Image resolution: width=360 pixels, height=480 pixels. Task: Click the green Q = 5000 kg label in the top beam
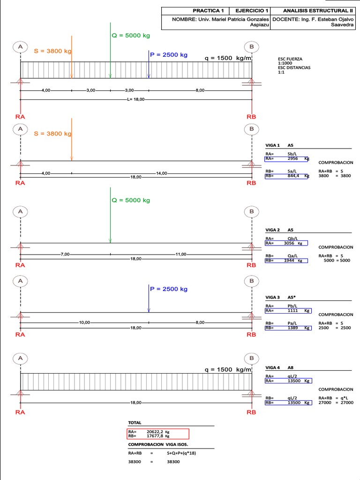[131, 35]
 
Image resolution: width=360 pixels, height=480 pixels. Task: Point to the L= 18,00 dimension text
[136, 99]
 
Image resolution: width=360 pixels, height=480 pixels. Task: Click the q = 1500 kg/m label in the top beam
[228, 58]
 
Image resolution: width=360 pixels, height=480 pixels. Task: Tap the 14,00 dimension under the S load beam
[161, 173]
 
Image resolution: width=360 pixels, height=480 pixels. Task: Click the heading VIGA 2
[272, 230]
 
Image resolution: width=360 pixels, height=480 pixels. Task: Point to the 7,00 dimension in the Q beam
[65, 254]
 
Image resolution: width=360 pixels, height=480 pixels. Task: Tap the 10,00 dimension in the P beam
[85, 322]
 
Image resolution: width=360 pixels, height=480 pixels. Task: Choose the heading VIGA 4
[272, 368]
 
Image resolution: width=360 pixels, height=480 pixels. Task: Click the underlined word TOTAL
[135, 423]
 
